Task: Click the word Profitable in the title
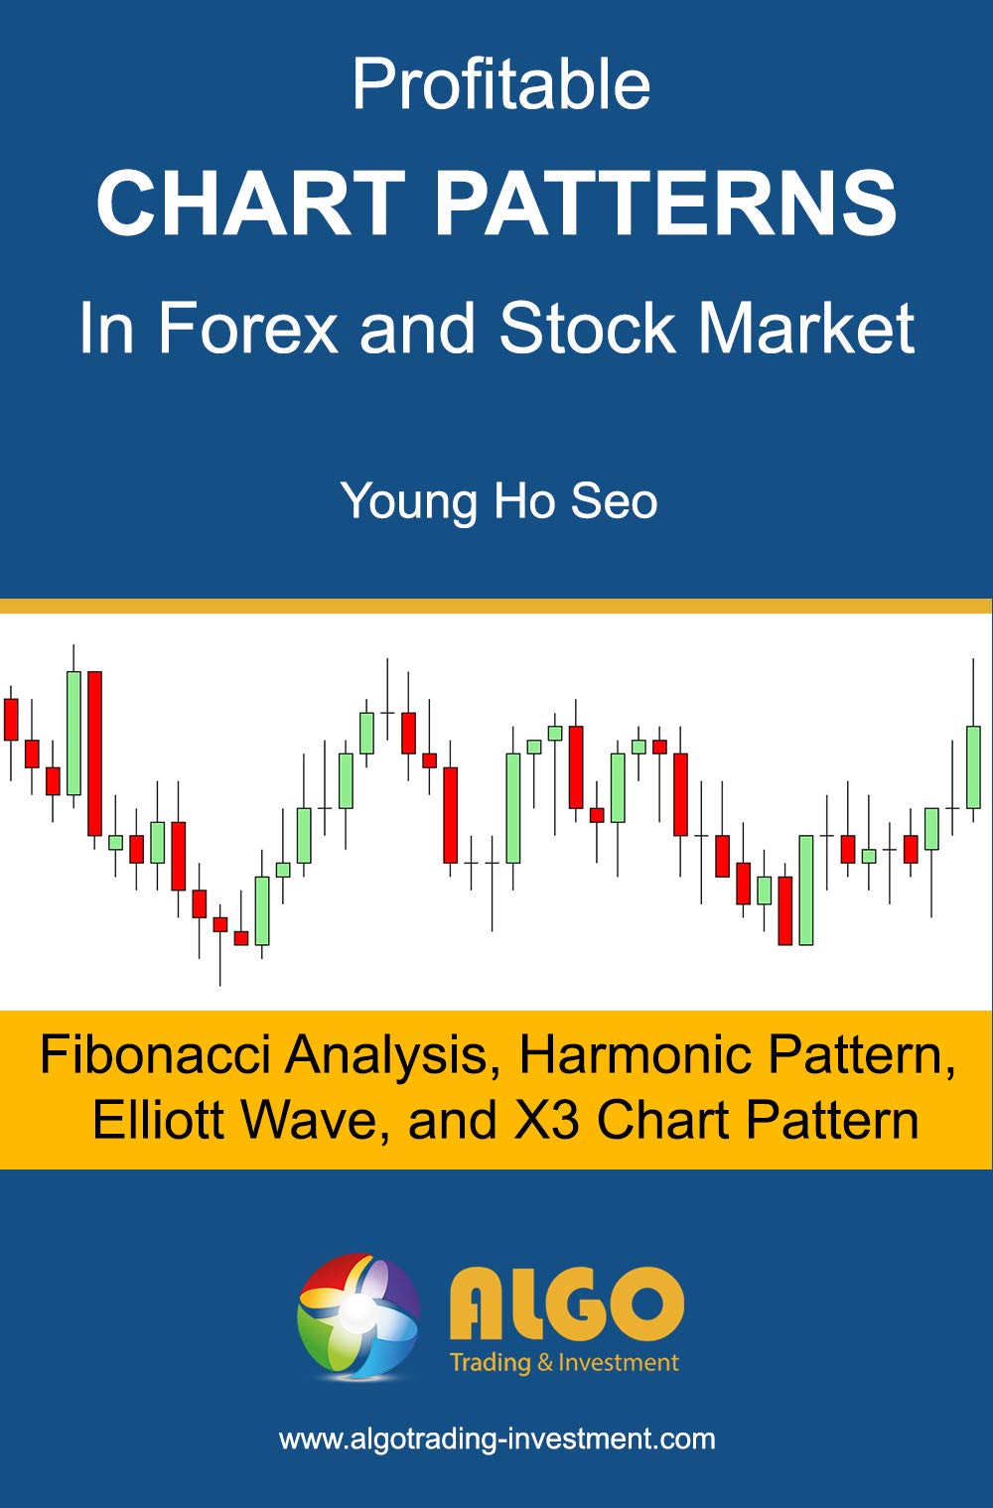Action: (x=500, y=85)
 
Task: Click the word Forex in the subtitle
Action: (x=248, y=328)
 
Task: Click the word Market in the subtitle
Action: (x=806, y=328)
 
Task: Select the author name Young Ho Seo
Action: (x=498, y=500)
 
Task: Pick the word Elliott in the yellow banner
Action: (x=159, y=1120)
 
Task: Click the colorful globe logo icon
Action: (x=357, y=1316)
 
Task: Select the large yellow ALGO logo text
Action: (x=566, y=1302)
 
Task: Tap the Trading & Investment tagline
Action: (x=564, y=1362)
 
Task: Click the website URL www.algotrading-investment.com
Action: (x=496, y=1439)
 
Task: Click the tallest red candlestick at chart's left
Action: (x=94, y=753)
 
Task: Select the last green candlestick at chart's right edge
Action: (x=973, y=766)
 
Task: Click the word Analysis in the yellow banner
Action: (x=387, y=1054)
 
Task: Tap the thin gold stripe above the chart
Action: (x=496, y=606)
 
